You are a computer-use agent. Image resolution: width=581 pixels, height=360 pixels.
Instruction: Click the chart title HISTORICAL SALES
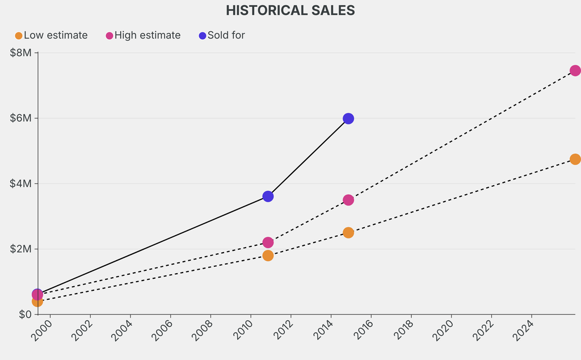point(290,10)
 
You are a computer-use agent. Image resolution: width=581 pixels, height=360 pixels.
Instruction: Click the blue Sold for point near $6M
point(348,119)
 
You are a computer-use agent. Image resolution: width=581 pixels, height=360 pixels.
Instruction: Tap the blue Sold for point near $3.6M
point(268,196)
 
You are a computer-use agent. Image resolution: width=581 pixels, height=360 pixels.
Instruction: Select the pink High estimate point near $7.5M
point(575,70)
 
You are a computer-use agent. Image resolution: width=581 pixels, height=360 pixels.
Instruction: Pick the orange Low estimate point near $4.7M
point(575,159)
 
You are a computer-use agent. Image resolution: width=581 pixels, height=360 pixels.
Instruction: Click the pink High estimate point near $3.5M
point(348,200)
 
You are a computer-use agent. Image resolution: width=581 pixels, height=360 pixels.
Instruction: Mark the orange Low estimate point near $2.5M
point(348,233)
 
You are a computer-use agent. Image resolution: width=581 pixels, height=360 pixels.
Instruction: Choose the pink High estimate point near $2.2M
point(268,242)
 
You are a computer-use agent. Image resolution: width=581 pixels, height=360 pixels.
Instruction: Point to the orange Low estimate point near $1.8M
point(268,256)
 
